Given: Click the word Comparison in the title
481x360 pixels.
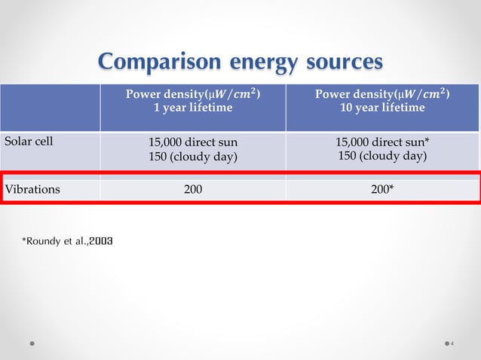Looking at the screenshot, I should tap(151, 62).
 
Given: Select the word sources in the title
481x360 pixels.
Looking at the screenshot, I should tap(343, 62).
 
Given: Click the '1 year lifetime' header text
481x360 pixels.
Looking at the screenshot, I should tap(193, 108).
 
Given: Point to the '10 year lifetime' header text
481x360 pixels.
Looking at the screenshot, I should tap(382, 108).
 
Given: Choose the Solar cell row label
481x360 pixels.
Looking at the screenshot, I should tap(29, 140).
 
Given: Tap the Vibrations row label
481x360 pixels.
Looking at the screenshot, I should tap(32, 190).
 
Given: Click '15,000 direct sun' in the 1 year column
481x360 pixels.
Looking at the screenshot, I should tap(193, 142).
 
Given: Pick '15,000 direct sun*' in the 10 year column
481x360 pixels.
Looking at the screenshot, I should tap(382, 142).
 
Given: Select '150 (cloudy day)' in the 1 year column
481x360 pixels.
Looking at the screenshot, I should tap(193, 156).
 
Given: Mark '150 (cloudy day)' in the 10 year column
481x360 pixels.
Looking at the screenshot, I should tap(382, 156).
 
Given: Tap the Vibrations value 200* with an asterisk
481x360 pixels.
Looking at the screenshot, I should tap(381, 190).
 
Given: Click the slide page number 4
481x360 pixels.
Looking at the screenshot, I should tap(452, 343).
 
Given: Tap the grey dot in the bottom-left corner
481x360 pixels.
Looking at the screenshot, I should tap(32, 343).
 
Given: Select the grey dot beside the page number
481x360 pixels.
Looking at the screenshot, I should tap(443, 343).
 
